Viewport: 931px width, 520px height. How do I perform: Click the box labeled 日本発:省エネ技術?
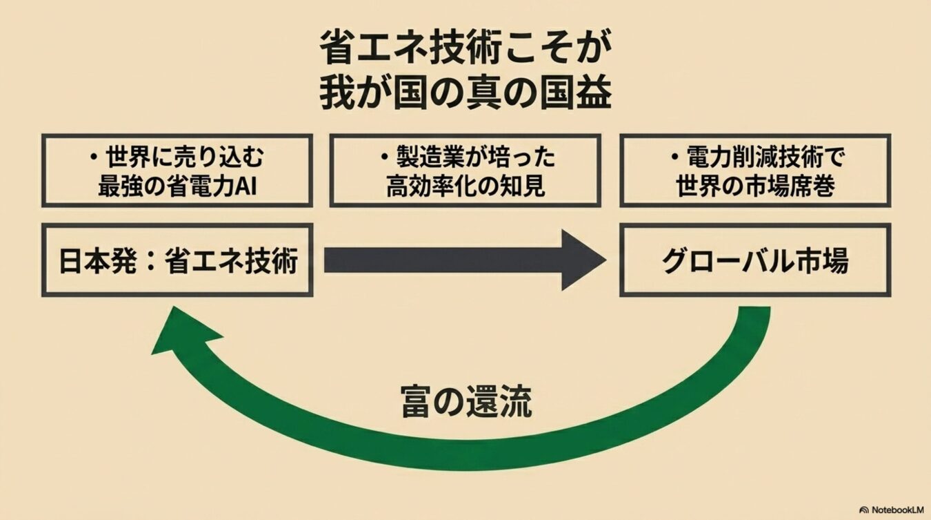pos(177,260)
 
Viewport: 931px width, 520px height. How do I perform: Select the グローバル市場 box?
pos(754,260)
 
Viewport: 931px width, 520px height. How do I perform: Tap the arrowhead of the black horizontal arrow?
pos(583,260)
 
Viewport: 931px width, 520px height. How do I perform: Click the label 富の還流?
pos(466,402)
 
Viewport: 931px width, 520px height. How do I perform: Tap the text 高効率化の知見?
pos(465,186)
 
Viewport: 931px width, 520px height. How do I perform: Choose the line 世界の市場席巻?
pos(755,186)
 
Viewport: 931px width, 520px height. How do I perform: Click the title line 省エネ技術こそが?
pos(465,50)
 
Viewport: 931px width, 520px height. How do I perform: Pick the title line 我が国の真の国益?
pos(465,95)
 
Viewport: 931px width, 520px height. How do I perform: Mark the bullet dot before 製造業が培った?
pos(385,159)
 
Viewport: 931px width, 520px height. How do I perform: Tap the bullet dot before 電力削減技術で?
pos(675,159)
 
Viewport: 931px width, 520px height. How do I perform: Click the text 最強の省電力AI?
pos(177,186)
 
